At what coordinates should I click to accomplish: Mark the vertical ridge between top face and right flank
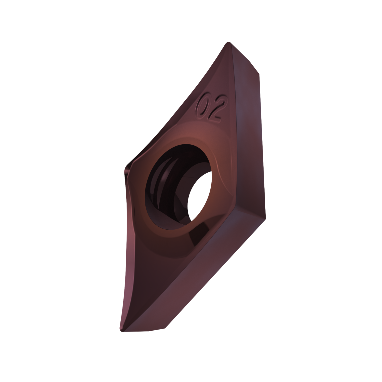coord(236,127)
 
